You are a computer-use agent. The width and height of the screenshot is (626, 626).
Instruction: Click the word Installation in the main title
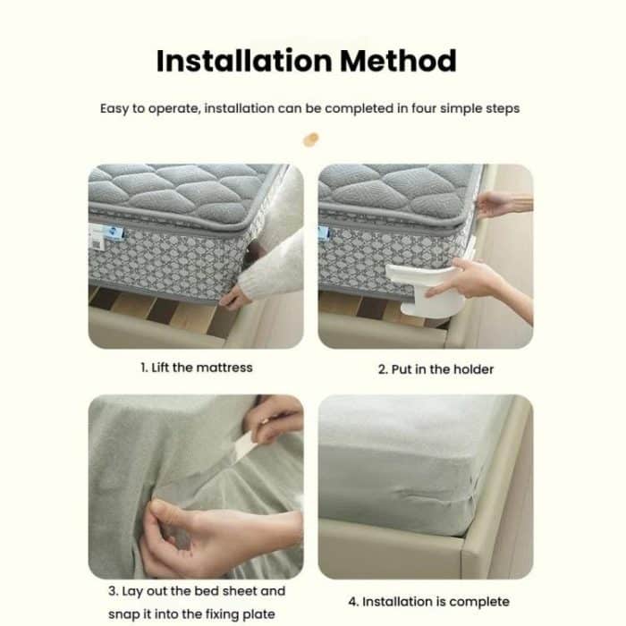pos(241,61)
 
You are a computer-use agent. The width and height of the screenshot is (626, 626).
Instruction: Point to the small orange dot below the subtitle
pos(311,139)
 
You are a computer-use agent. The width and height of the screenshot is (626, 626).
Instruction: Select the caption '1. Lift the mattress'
pos(197,368)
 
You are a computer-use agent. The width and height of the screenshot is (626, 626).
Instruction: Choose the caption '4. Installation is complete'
pos(428,601)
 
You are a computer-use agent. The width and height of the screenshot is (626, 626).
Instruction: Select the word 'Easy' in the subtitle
pos(114,108)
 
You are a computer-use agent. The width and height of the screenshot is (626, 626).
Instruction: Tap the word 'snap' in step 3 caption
pos(150,613)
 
